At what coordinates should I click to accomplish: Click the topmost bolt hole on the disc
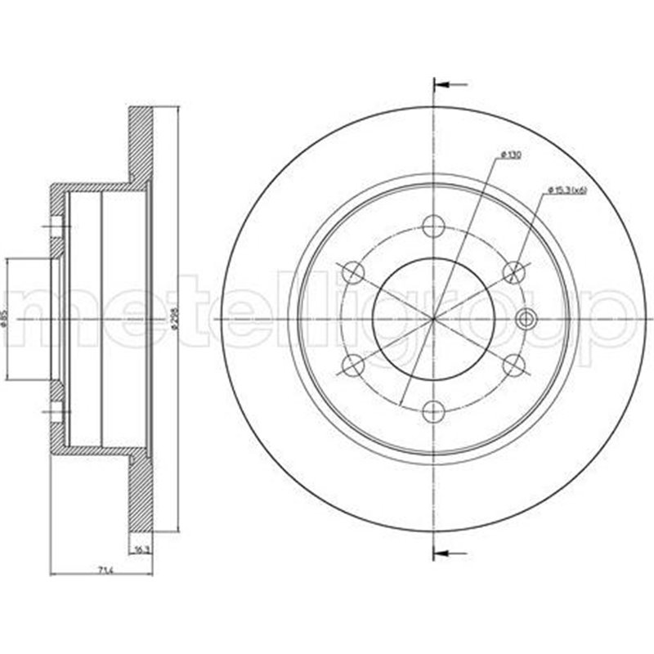click(434, 226)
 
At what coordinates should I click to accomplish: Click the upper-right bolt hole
click(514, 271)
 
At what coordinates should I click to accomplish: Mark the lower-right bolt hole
click(514, 365)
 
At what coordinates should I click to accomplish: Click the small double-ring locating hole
click(526, 318)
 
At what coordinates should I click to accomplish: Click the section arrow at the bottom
click(449, 549)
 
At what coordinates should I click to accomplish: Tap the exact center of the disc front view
click(434, 318)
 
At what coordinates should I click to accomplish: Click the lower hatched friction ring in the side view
click(141, 490)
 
